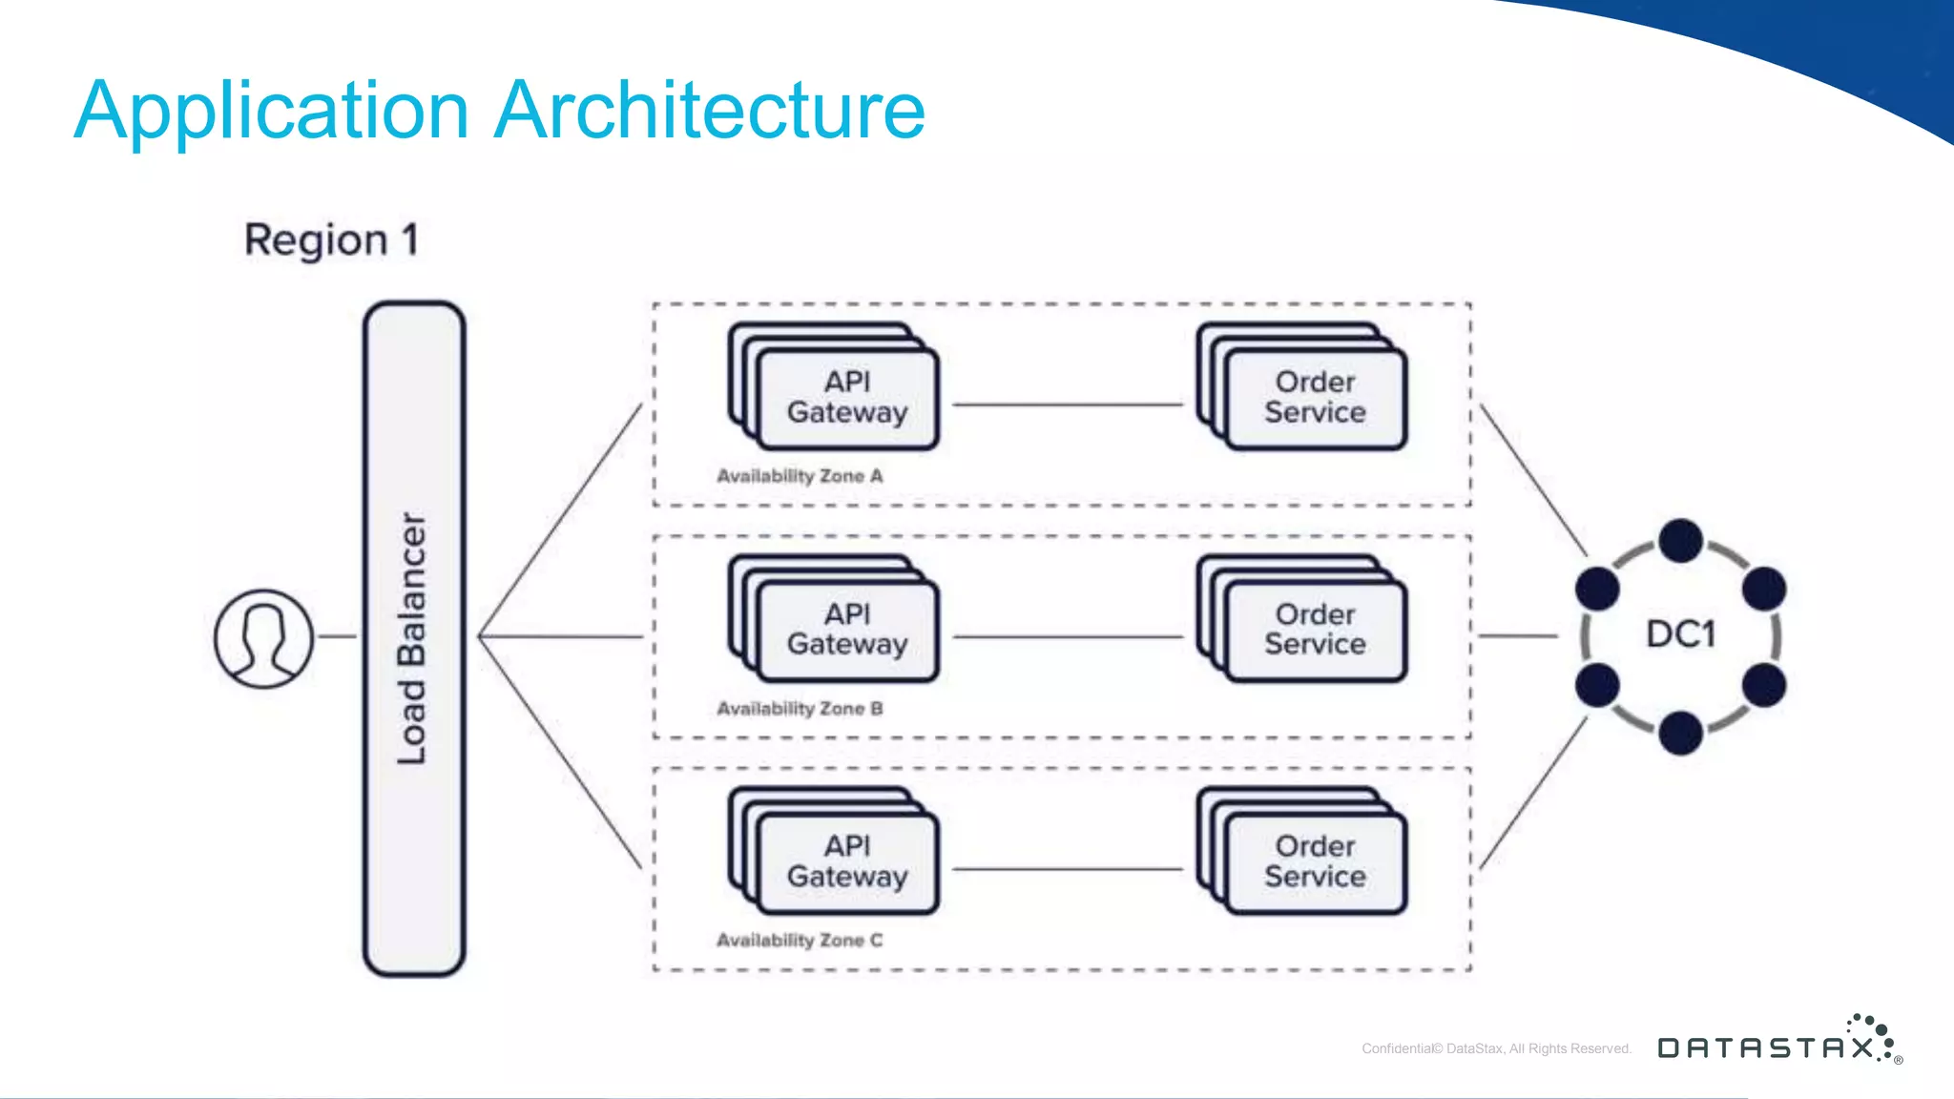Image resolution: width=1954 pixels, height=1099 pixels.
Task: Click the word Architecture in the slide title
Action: [x=710, y=111]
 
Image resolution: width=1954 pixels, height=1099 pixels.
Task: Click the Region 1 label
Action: [x=331, y=239]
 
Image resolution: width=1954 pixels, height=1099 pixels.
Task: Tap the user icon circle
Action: [x=263, y=638]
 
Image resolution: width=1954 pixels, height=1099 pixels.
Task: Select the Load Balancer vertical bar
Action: [x=414, y=638]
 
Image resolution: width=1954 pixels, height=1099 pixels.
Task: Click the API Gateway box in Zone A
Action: [x=846, y=397]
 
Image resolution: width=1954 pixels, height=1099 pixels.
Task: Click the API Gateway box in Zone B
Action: [x=846, y=629]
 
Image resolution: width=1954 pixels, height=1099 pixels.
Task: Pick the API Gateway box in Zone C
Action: [x=846, y=861]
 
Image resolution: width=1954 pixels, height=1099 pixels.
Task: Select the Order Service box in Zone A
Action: [x=1315, y=397]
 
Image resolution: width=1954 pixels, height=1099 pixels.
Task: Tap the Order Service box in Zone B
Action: [x=1315, y=629]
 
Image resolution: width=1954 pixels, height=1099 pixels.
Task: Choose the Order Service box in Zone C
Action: [x=1315, y=861]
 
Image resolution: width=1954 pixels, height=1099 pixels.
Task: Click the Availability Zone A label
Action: [x=800, y=476]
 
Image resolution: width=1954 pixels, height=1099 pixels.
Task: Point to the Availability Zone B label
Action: [x=800, y=709]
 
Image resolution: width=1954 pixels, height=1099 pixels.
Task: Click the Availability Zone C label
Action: [x=800, y=941]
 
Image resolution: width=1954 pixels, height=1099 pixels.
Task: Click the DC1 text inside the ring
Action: [x=1680, y=634]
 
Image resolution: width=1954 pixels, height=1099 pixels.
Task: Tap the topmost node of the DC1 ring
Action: [x=1680, y=541]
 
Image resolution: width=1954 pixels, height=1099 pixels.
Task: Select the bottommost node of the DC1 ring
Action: [x=1680, y=733]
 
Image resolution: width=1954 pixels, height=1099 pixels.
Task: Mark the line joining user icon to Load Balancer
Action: [x=337, y=636]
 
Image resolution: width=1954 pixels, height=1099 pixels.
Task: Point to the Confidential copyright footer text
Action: [x=1496, y=1048]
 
